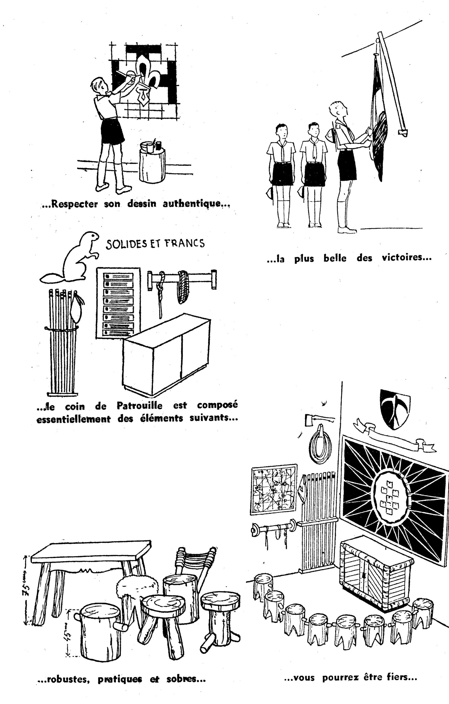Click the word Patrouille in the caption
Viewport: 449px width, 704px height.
(x=139, y=406)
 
